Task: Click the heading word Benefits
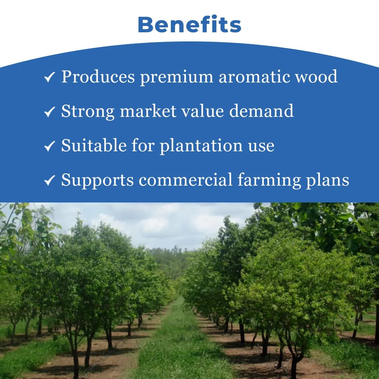[x=189, y=25]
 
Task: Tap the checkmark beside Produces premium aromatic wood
[x=49, y=77]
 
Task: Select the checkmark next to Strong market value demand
[x=49, y=112]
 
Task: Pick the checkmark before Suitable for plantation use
[x=49, y=146]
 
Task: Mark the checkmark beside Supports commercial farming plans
[x=49, y=180]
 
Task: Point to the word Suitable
[x=94, y=145]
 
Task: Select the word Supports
[x=98, y=180]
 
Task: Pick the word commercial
[x=185, y=180]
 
